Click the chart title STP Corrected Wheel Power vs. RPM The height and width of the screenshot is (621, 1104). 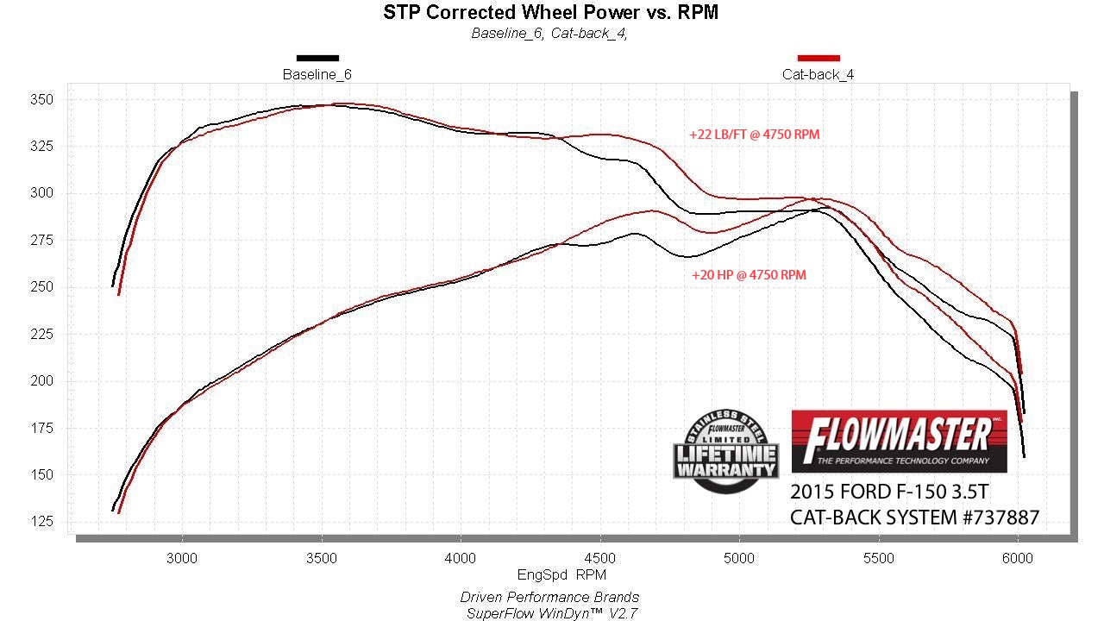coord(550,12)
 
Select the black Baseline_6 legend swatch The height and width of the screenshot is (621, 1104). coord(317,58)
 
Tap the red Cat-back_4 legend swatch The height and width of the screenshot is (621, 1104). coord(819,58)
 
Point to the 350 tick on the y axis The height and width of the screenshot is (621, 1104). coord(43,100)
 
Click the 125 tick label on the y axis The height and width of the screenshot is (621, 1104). coord(43,522)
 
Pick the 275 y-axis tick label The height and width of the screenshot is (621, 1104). coord(43,241)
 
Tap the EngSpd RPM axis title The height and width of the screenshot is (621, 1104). coord(561,574)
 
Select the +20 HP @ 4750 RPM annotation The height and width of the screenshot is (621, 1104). coord(749,275)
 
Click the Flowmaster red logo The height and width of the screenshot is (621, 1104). coord(899,441)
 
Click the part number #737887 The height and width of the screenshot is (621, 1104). coord(992,517)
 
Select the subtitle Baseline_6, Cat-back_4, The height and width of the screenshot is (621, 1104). coord(549,34)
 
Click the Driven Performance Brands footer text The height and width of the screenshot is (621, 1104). coord(549,597)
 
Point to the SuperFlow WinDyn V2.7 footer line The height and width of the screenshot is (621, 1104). coord(549,612)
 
